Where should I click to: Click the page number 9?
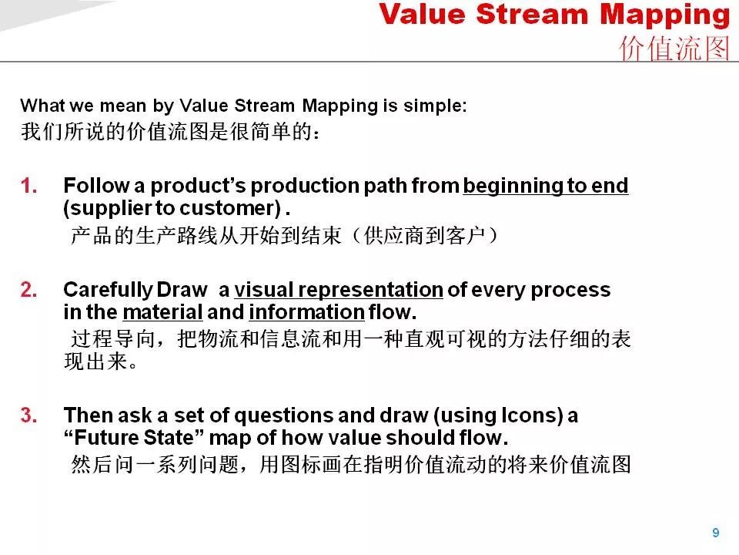tap(715, 533)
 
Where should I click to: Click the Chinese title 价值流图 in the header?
tap(674, 48)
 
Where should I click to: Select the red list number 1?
tap(28, 186)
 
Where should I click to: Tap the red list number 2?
tap(28, 290)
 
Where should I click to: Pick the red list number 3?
tap(28, 415)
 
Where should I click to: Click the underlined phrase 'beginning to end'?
tap(545, 186)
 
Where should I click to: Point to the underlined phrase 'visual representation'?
tap(339, 291)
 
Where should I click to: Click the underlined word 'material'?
tap(162, 312)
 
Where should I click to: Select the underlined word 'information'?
tap(306, 312)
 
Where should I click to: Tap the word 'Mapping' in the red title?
tap(665, 15)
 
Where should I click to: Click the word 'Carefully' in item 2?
tap(108, 291)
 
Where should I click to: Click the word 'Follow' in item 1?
tap(96, 186)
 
